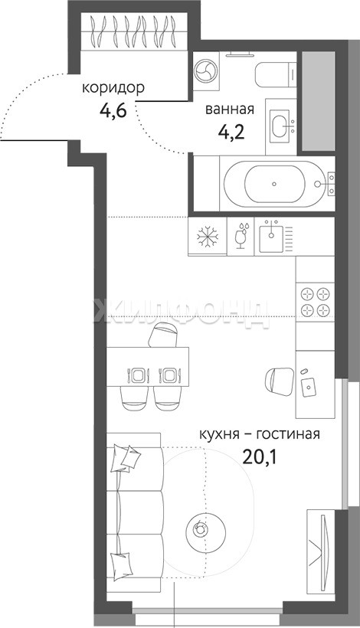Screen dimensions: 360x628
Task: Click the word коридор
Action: pyautogui.click(x=113, y=88)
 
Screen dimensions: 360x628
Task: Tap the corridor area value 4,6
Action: pyautogui.click(x=113, y=110)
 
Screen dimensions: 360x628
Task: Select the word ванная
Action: pyautogui.click(x=230, y=110)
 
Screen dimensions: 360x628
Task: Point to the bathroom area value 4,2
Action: pyautogui.click(x=231, y=131)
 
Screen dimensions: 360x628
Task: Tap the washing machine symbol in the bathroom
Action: pyautogui.click(x=205, y=71)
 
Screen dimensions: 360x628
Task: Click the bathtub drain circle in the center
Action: pyautogui.click(x=274, y=184)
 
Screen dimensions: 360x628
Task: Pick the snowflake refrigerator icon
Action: pyautogui.click(x=208, y=236)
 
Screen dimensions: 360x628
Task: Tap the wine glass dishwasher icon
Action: pyautogui.click(x=241, y=236)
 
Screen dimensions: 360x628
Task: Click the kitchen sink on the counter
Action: pyautogui.click(x=271, y=237)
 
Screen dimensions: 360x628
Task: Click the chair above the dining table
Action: pyautogui.click(x=163, y=335)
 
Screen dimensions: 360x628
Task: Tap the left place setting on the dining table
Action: pyautogui.click(x=138, y=375)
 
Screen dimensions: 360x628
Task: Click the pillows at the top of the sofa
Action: pyautogui.click(x=126, y=457)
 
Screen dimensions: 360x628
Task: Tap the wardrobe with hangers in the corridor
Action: pyautogui.click(x=134, y=31)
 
